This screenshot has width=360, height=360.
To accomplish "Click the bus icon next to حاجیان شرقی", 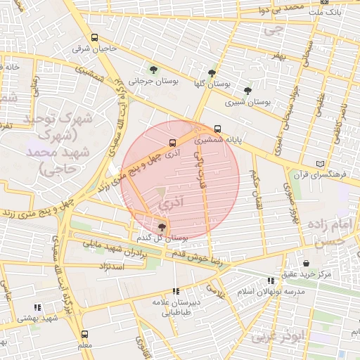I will pyautogui.click(x=95, y=38).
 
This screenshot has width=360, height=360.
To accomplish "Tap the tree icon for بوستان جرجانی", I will pyautogui.click(x=153, y=69).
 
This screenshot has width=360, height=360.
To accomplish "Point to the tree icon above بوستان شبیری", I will pyautogui.click(x=247, y=91).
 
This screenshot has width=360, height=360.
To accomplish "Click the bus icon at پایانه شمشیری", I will pyautogui.click(x=217, y=129).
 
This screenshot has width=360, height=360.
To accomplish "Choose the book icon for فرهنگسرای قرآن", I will pyautogui.click(x=321, y=163).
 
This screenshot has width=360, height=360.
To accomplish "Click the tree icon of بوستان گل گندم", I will pyautogui.click(x=162, y=226).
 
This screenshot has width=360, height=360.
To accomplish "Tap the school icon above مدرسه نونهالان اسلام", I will pyautogui.click(x=271, y=281).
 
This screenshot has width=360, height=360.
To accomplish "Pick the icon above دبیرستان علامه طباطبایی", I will pyautogui.click(x=176, y=291).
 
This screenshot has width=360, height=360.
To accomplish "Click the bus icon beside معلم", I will pyautogui.click(x=85, y=334).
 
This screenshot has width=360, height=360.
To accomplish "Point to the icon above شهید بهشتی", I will pyautogui.click(x=37, y=307).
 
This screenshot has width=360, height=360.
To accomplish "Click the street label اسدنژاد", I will pyautogui.click(x=108, y=267).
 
